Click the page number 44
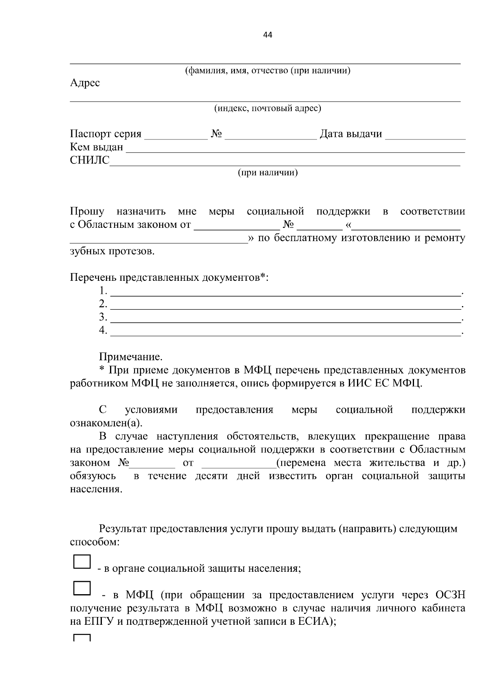click(268, 35)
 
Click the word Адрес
click(85, 83)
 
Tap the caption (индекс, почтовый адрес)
click(268, 108)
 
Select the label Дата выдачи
click(350, 134)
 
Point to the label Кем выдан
click(96, 147)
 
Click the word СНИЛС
click(90, 160)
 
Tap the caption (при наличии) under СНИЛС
click(268, 173)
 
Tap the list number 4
click(103, 330)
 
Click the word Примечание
click(131, 357)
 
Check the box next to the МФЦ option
click(82, 588)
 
